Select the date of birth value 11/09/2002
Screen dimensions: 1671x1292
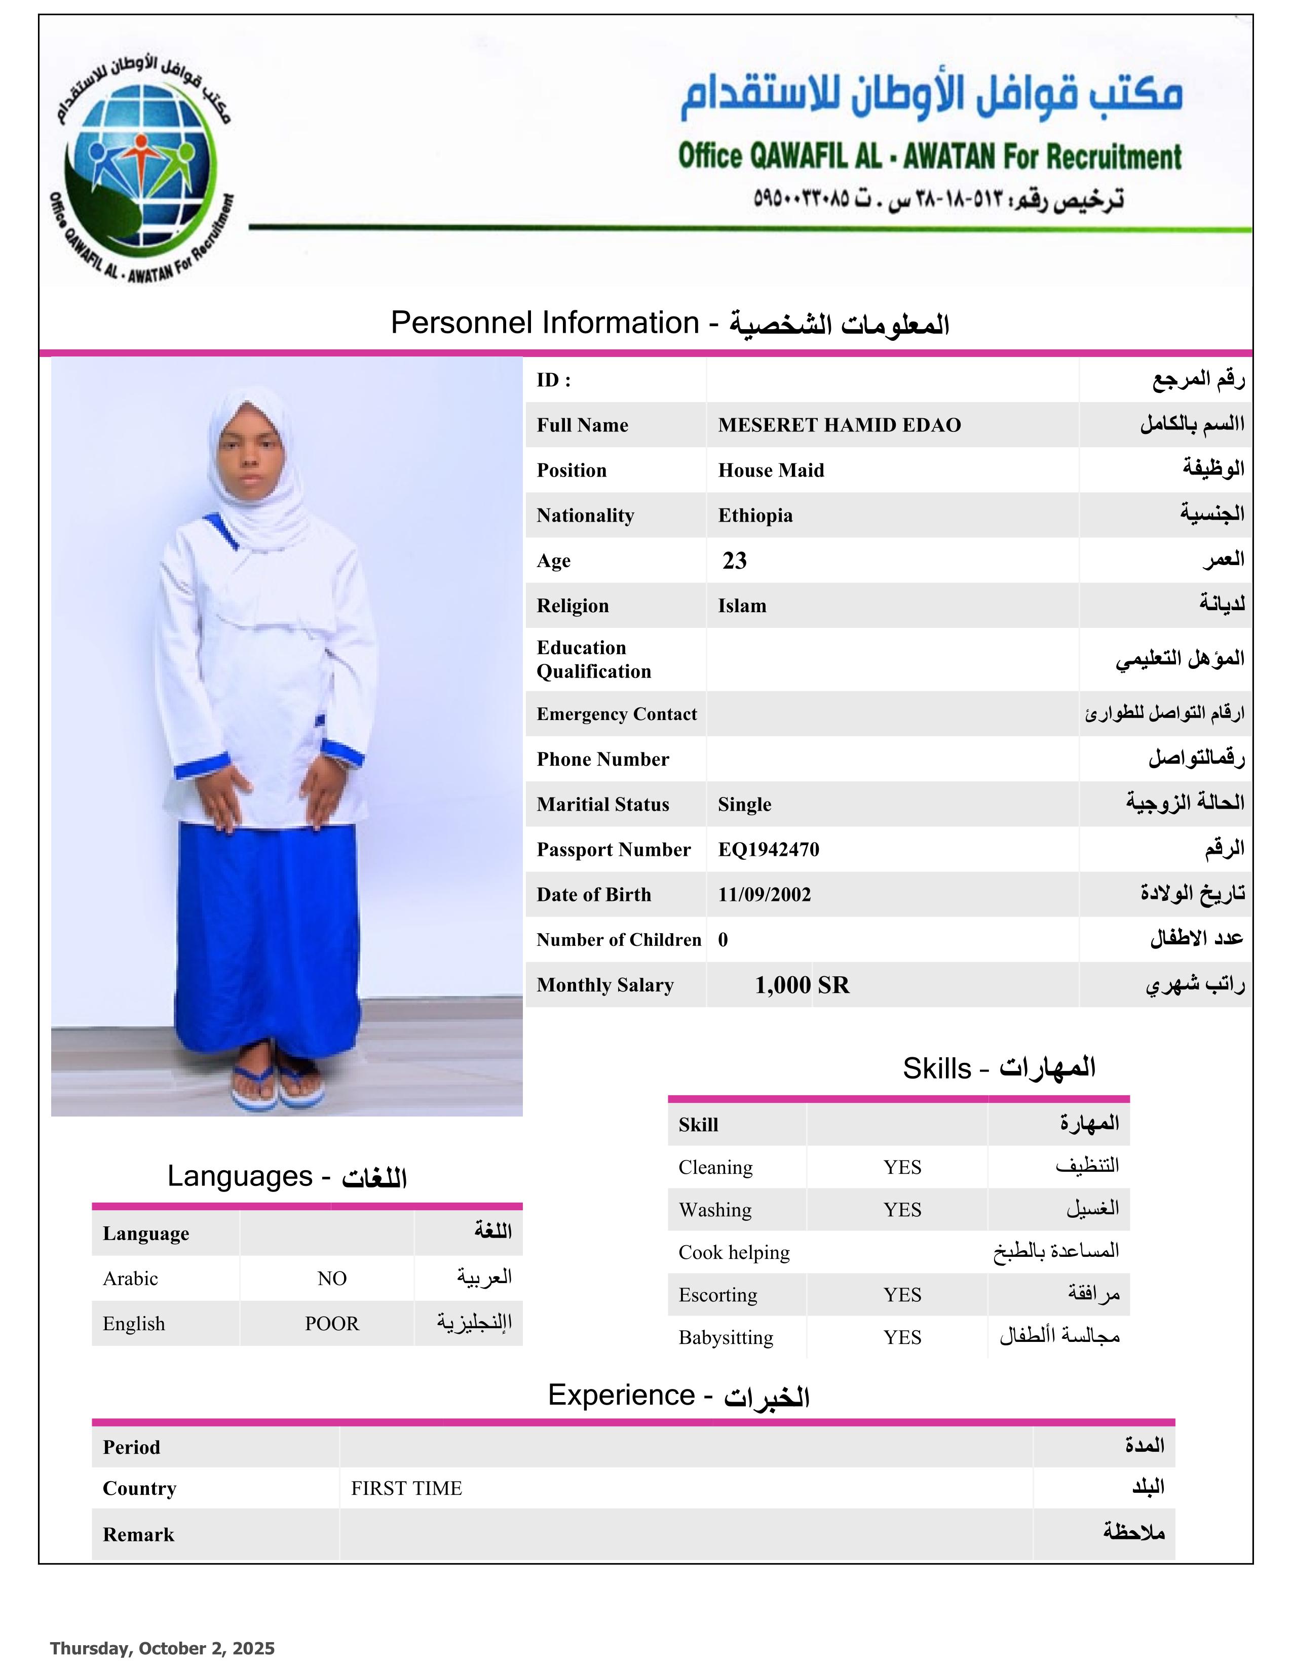click(x=764, y=894)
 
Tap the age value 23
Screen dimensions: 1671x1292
click(x=734, y=561)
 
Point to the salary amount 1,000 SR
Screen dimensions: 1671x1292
click(x=802, y=985)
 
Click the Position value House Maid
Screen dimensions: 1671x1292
click(x=770, y=470)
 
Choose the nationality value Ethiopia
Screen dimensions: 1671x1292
click(x=755, y=515)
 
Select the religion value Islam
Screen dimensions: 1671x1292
click(x=742, y=606)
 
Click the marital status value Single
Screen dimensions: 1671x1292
click(x=744, y=804)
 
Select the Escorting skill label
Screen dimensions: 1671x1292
click(x=717, y=1295)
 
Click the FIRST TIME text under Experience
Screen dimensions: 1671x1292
click(x=406, y=1488)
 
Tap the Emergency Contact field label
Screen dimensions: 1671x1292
click(x=616, y=714)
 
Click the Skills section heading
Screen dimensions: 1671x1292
click(x=998, y=1068)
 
